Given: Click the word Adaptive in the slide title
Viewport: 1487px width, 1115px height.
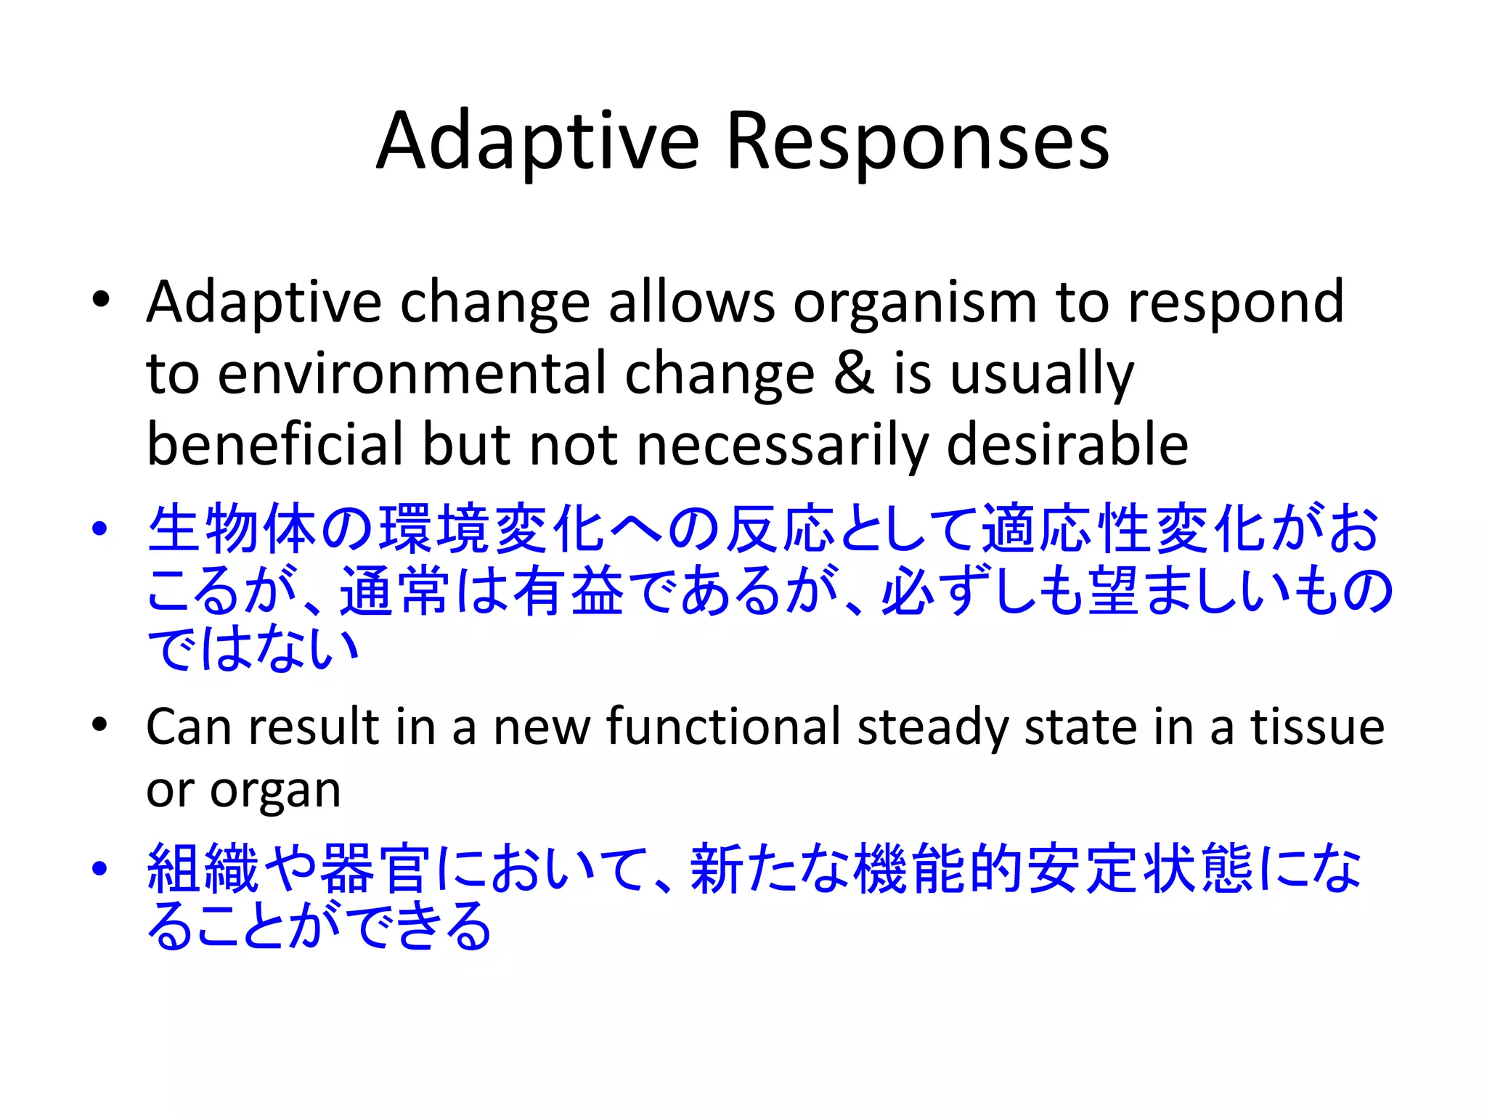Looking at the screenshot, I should pyautogui.click(x=538, y=142).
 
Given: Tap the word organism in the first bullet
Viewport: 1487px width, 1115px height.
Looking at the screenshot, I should pyautogui.click(x=914, y=303).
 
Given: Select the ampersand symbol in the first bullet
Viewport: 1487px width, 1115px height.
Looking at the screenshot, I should pyautogui.click(x=854, y=374).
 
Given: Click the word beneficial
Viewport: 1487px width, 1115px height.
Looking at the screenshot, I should pyautogui.click(x=276, y=444).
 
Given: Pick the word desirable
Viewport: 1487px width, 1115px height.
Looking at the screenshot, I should pyautogui.click(x=1067, y=444).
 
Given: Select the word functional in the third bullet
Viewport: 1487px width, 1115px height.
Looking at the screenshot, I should pyautogui.click(x=722, y=727).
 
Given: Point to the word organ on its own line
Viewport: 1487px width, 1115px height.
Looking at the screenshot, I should pyautogui.click(x=275, y=791).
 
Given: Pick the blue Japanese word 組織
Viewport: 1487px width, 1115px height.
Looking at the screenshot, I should pyautogui.click(x=203, y=869).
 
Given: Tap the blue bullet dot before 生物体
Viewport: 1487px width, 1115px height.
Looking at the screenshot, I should pyautogui.click(x=99, y=529).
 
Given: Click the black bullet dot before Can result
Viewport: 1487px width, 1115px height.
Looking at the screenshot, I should pyautogui.click(x=99, y=724).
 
